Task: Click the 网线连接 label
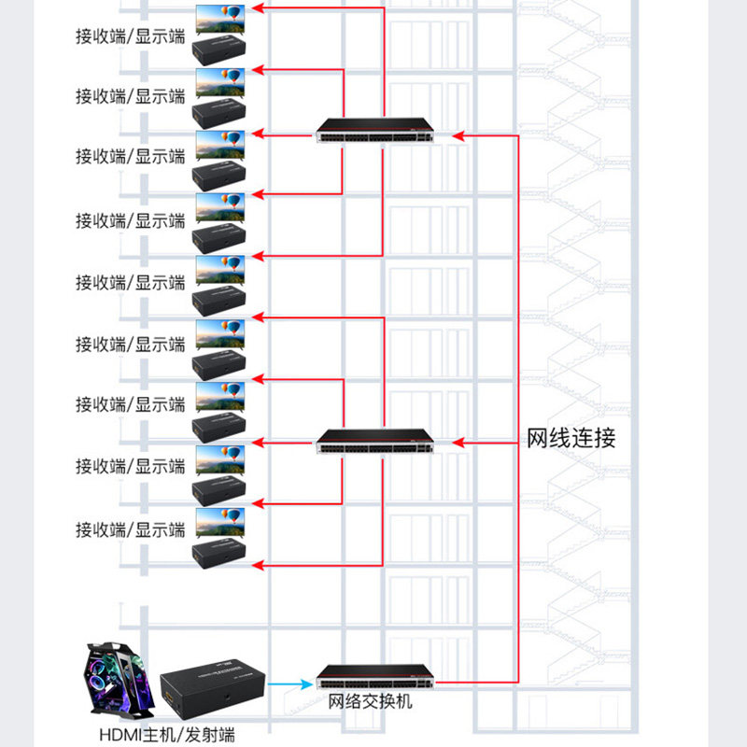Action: (x=571, y=439)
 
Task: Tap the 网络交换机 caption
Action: (x=370, y=701)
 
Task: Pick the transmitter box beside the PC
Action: (x=213, y=685)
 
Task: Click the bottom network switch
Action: (x=376, y=677)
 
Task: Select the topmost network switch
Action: (x=376, y=131)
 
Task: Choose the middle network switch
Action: (x=376, y=441)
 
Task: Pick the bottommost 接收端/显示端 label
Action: (x=131, y=529)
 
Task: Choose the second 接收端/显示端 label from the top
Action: (x=131, y=96)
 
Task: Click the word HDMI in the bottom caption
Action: (x=120, y=734)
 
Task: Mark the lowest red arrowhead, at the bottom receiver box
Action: (x=259, y=565)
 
